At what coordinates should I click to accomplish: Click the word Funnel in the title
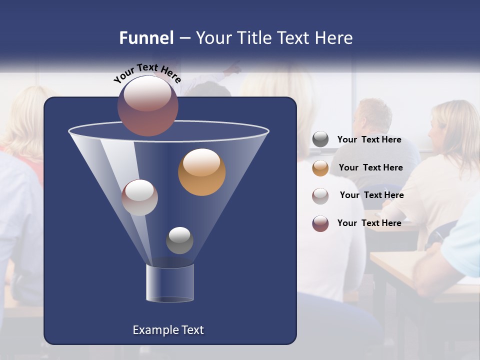coord(146,38)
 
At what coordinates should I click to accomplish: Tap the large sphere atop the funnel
coord(147,105)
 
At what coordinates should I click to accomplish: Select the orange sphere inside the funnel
coord(201,172)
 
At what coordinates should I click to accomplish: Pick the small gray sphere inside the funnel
coord(179,240)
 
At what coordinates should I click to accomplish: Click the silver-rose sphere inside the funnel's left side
coord(139,197)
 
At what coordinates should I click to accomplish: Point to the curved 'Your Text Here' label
coord(147,73)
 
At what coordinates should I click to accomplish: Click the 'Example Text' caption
coord(168,330)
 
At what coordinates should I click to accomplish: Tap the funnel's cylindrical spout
coord(169,283)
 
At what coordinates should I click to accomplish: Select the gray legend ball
coord(320,139)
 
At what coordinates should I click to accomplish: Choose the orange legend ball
coord(320,168)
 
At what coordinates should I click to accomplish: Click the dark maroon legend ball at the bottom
coord(320,223)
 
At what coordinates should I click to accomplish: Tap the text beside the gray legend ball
coord(369,140)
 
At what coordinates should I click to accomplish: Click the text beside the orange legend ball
coord(370,168)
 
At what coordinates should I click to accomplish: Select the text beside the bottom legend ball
coord(369,223)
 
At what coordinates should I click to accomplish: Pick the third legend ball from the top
coord(320,195)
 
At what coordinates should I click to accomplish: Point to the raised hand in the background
coord(232,67)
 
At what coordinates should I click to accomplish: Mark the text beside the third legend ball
coord(371,195)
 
